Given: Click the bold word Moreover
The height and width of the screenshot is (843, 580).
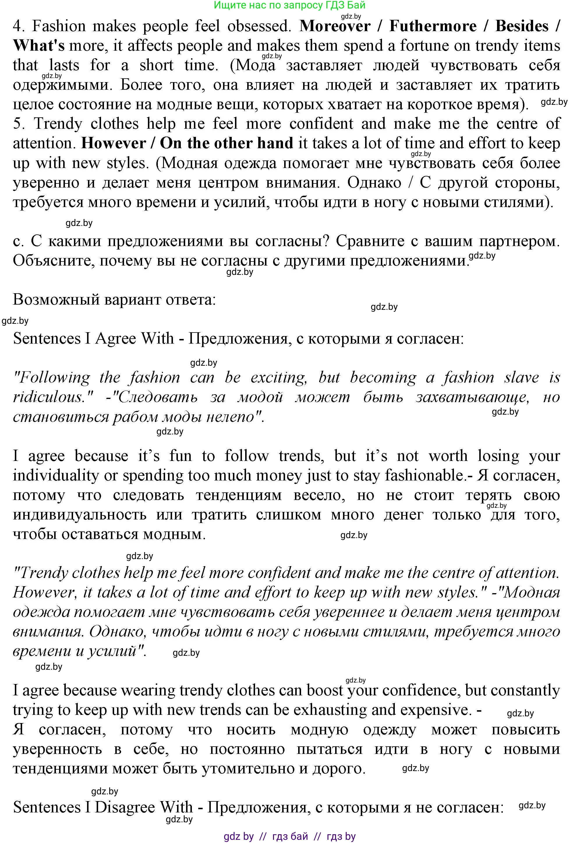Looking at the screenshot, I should [335, 26].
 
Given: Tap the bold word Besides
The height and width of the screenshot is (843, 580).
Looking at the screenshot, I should [522, 26].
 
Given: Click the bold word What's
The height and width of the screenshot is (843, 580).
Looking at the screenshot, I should [39, 46].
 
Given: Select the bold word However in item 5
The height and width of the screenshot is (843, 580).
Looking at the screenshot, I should [113, 144].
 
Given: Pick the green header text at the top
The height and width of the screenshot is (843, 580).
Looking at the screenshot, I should [290, 5].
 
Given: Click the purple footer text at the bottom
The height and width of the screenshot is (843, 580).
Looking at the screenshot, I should [290, 836].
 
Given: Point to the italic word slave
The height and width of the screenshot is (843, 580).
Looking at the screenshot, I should [521, 378].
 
